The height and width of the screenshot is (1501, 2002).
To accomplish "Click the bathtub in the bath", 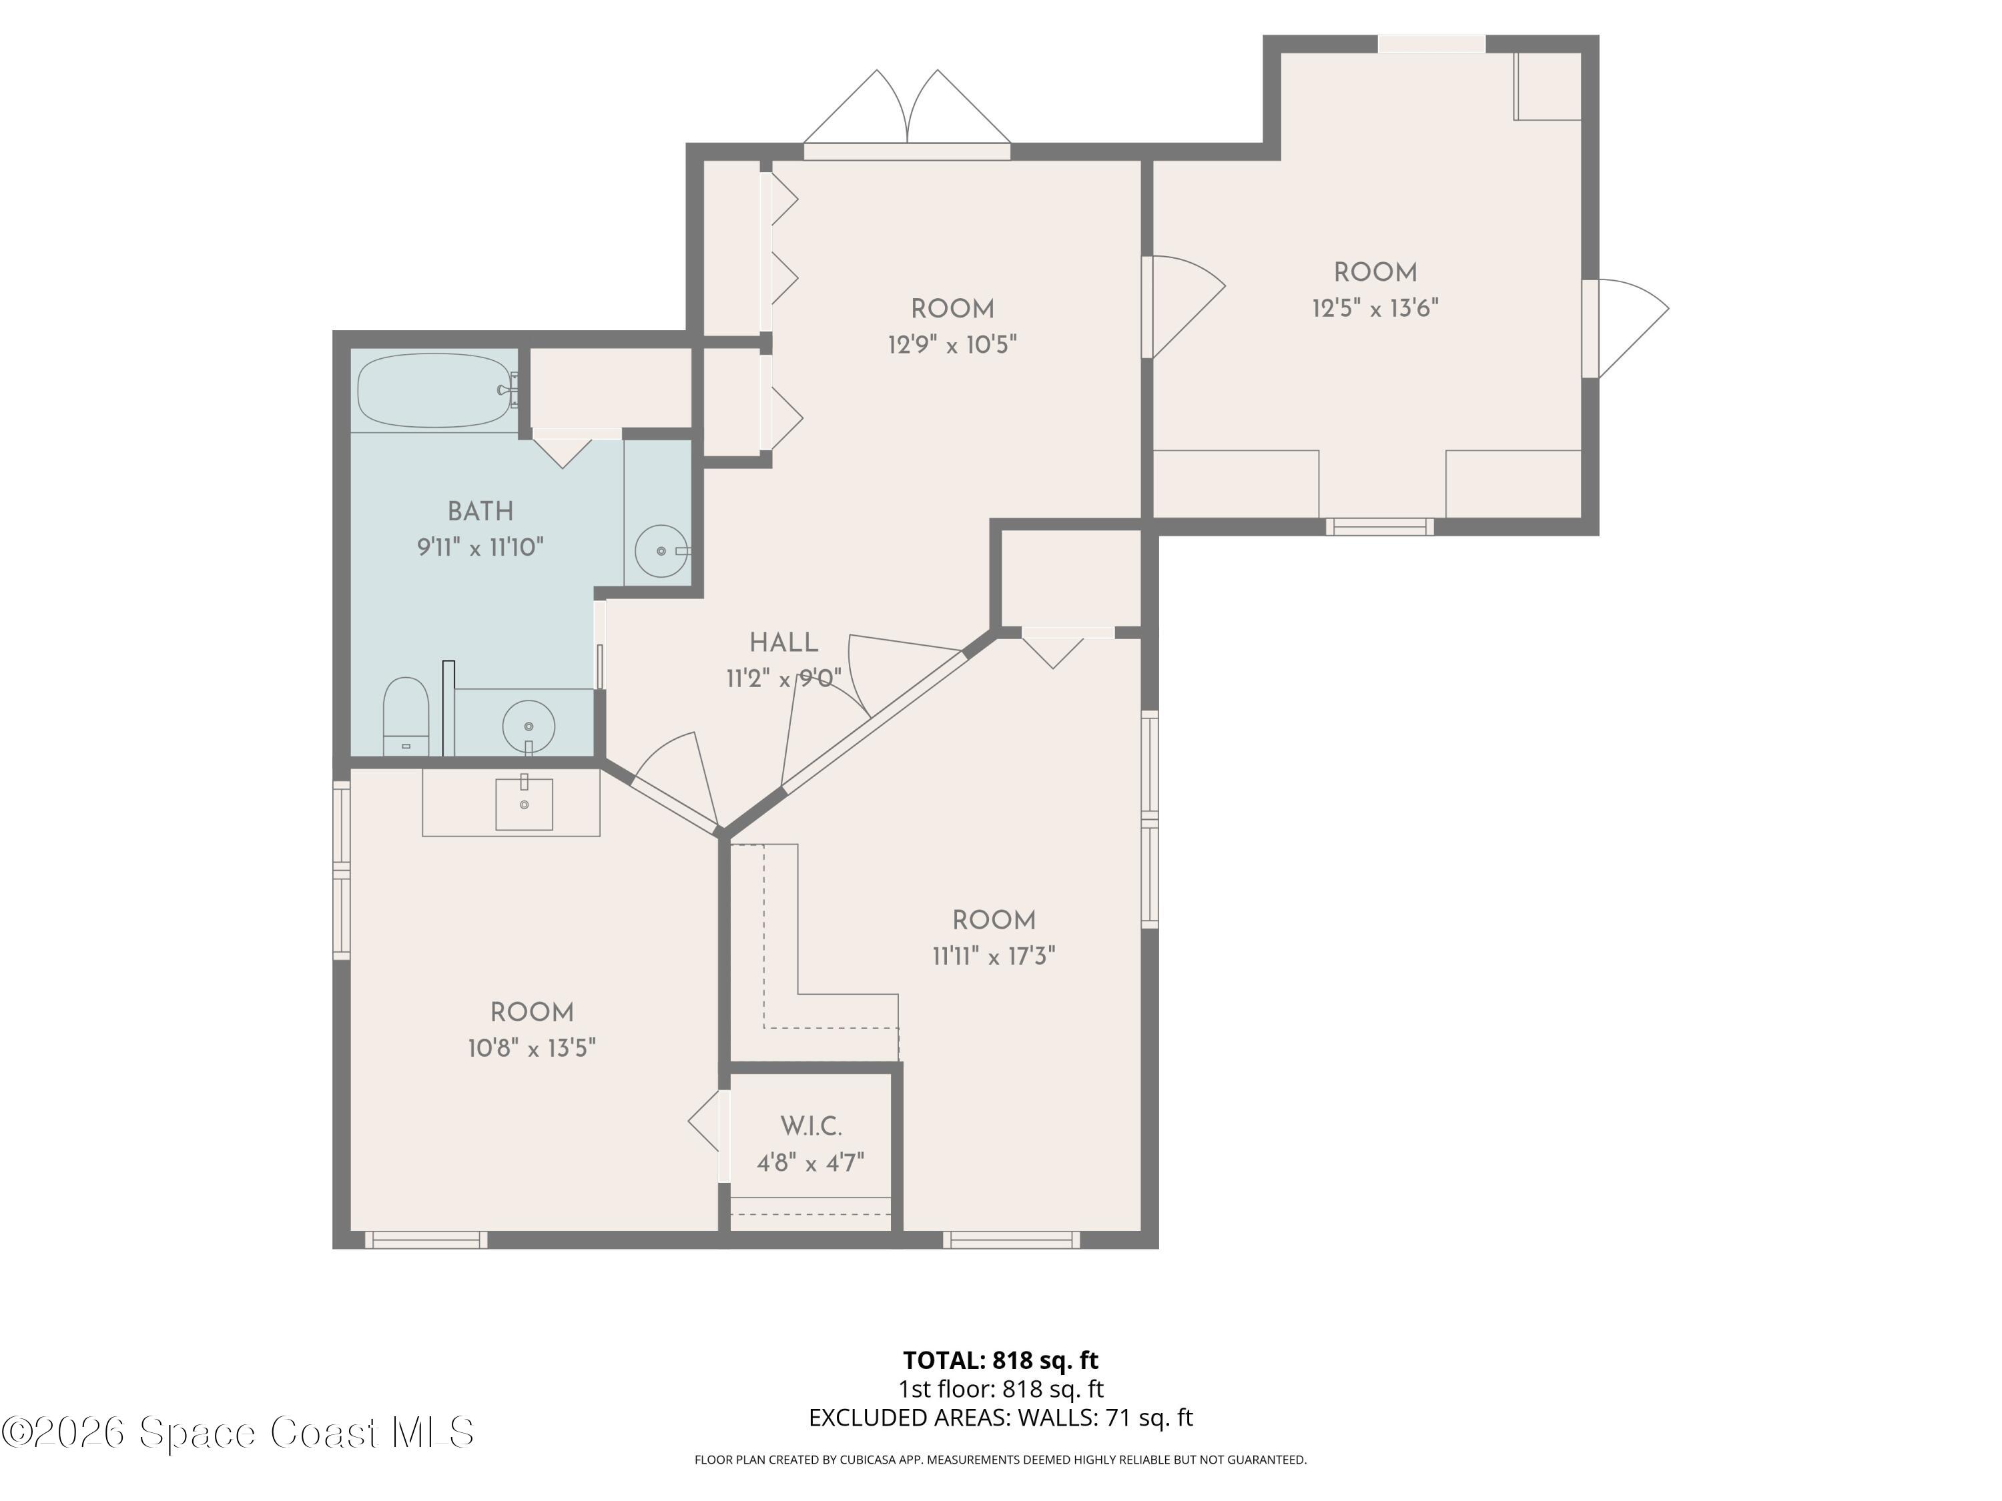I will [x=434, y=390].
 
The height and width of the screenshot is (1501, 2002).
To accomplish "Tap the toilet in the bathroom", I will [x=406, y=714].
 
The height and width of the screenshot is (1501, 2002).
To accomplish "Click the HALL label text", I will [x=784, y=643].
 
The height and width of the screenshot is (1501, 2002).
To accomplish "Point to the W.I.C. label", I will [x=811, y=1127].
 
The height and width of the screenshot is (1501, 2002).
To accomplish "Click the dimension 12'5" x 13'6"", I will [x=1375, y=308].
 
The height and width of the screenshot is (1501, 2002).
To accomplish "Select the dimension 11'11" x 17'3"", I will [x=994, y=957].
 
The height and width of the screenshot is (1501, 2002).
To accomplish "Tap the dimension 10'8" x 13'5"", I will [x=532, y=1049].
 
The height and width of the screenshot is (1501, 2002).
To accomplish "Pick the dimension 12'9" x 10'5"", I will [x=952, y=345].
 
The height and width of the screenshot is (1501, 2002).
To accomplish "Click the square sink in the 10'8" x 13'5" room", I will [x=523, y=803].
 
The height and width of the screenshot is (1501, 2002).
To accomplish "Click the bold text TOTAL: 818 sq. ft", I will [x=1000, y=1360].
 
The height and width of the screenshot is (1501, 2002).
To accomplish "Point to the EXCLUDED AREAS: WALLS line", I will [x=1000, y=1418].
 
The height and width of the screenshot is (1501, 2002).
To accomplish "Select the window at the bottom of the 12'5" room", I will [x=1379, y=526].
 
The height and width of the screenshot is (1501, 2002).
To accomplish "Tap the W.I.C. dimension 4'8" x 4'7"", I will [x=811, y=1163].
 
